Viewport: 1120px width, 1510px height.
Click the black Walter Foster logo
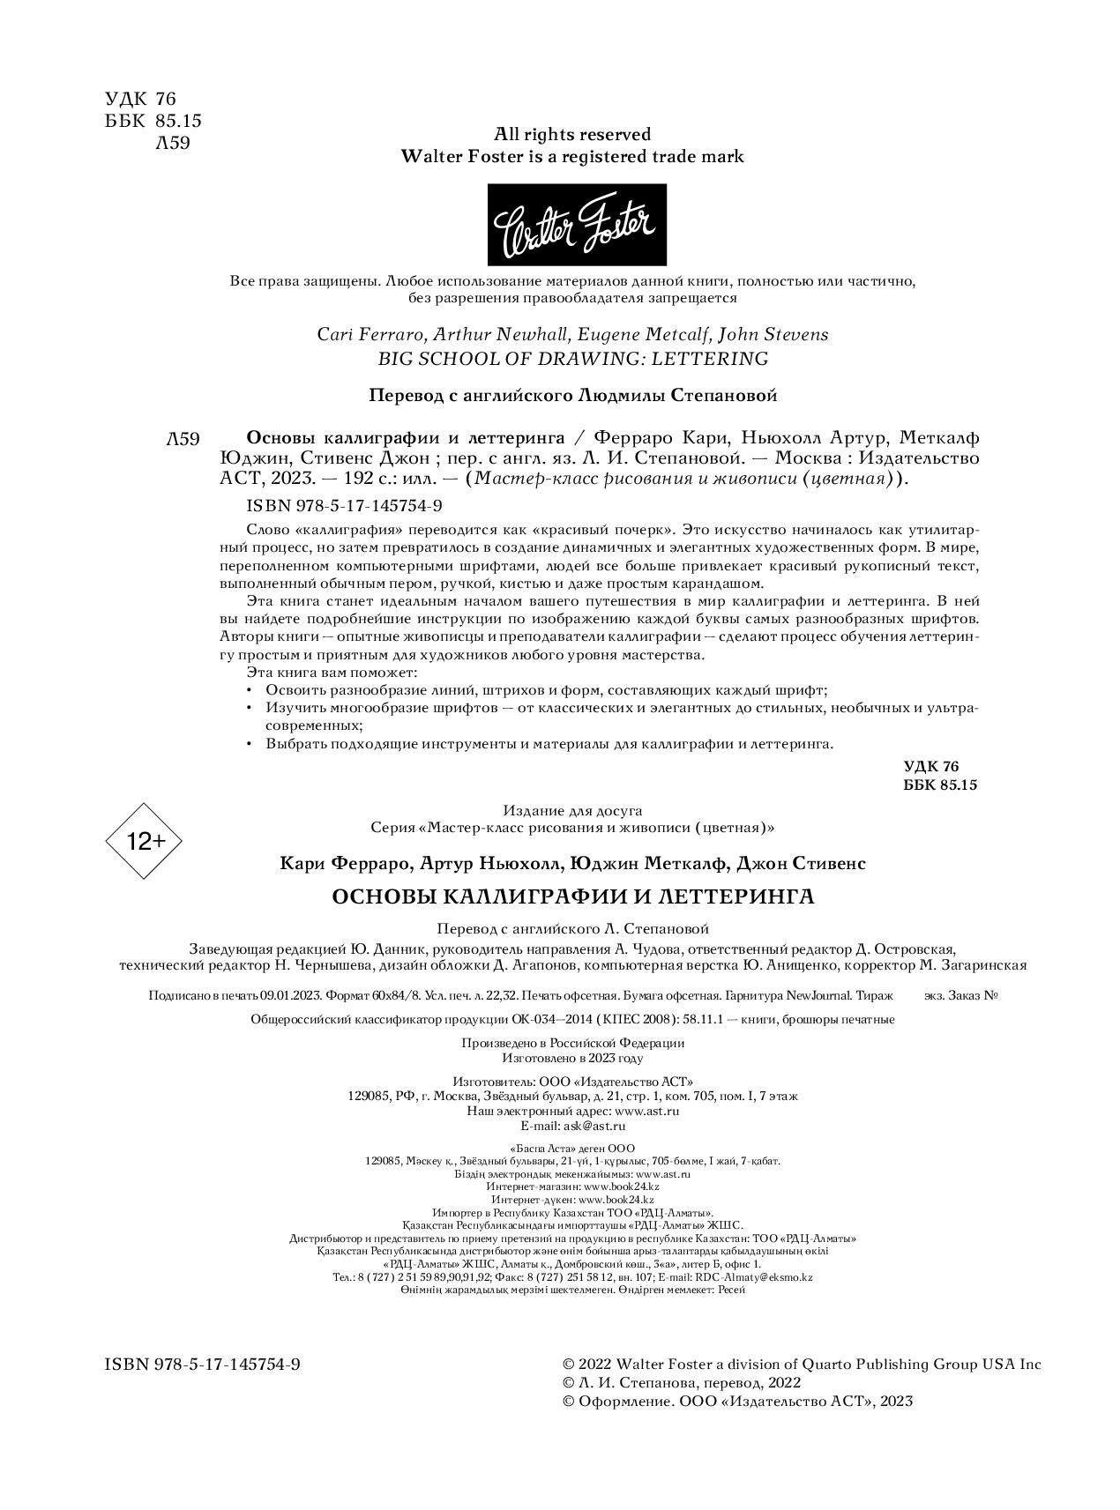coord(577,225)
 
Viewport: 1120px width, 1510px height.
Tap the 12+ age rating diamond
coord(144,841)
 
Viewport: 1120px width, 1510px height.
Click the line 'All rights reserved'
coord(572,134)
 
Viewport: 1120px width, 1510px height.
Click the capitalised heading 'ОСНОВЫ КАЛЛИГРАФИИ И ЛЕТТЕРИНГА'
coord(572,897)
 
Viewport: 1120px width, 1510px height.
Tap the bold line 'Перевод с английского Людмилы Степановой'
coord(572,396)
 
